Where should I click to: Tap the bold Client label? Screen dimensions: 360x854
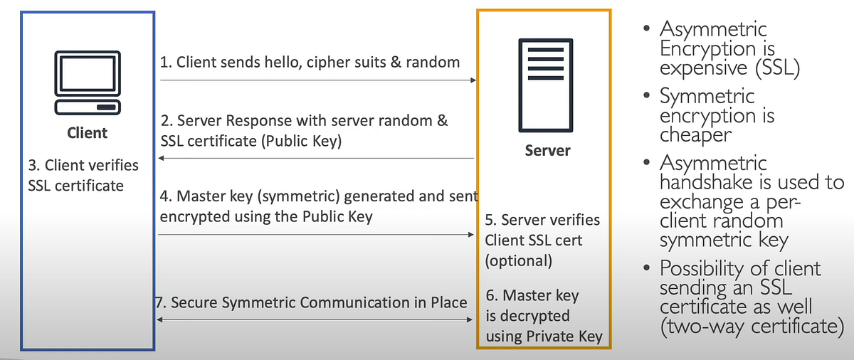click(x=87, y=133)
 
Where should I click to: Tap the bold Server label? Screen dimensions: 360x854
click(x=547, y=151)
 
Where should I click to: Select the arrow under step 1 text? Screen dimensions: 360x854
click(x=317, y=81)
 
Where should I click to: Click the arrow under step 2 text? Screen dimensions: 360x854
click(x=317, y=158)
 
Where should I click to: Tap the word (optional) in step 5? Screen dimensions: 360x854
click(x=518, y=260)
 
